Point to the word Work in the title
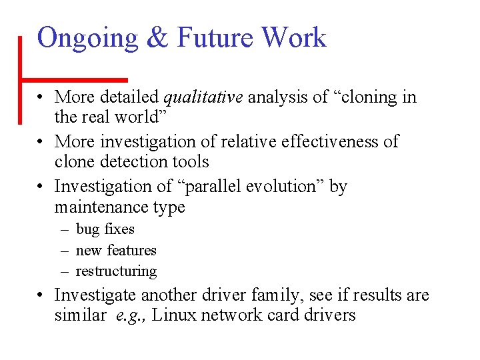[x=294, y=38]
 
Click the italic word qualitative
[x=203, y=98]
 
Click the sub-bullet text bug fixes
[x=105, y=229]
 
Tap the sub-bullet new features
[x=116, y=251]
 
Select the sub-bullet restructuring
[x=117, y=271]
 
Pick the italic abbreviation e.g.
[x=129, y=315]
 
